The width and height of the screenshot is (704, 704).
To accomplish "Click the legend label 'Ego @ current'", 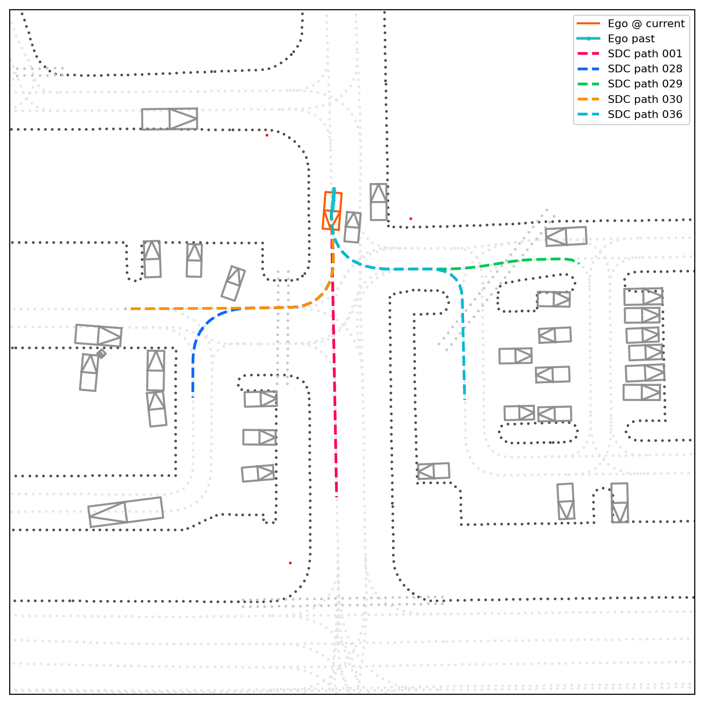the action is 646,24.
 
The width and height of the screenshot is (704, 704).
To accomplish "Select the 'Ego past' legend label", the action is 631,39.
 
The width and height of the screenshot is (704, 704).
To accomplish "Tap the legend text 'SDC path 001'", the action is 645,54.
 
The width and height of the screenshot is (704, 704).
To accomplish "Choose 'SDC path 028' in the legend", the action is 645,68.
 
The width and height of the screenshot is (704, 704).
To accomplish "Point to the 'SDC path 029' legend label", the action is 645,84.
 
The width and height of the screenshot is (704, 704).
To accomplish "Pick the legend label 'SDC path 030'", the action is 645,99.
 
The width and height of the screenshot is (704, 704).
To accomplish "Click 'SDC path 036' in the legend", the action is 645,115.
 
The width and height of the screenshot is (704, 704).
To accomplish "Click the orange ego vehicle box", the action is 332,211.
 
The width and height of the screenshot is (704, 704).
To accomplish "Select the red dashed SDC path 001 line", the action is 334,362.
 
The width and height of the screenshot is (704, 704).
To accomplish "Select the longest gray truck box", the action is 125,512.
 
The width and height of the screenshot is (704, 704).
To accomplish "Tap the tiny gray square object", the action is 102,353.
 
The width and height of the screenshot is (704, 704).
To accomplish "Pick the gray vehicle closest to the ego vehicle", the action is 353,227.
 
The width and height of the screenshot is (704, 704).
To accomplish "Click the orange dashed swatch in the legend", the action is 588,99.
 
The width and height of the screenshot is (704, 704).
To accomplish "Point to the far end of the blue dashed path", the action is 193,397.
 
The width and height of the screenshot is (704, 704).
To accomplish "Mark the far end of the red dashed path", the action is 337,497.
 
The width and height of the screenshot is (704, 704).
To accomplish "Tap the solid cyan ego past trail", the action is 333,203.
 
